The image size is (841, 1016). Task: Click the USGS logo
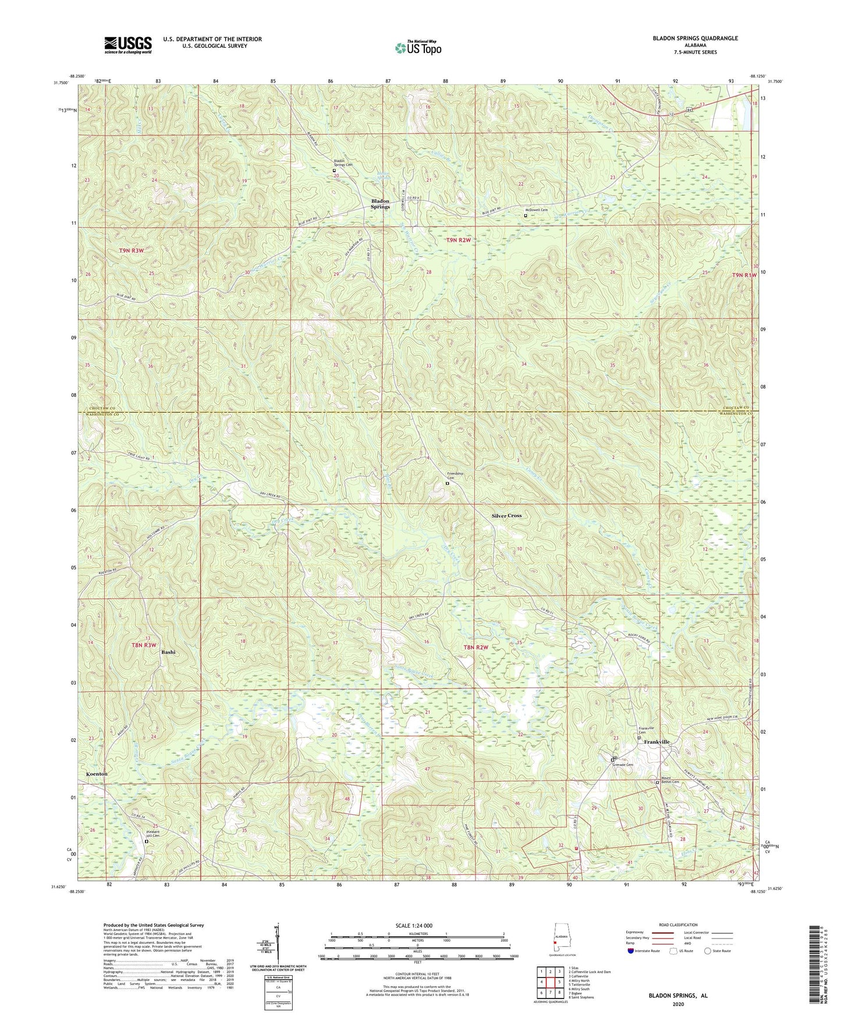click(128, 45)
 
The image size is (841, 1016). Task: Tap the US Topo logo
click(418, 48)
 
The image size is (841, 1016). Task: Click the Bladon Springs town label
click(381, 204)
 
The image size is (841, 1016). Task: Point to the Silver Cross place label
click(506, 516)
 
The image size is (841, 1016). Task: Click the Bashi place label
click(168, 652)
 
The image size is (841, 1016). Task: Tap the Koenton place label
click(97, 775)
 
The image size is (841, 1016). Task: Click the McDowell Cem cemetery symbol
click(526, 215)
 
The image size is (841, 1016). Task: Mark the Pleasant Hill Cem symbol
click(147, 841)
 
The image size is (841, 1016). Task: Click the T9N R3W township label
click(132, 250)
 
